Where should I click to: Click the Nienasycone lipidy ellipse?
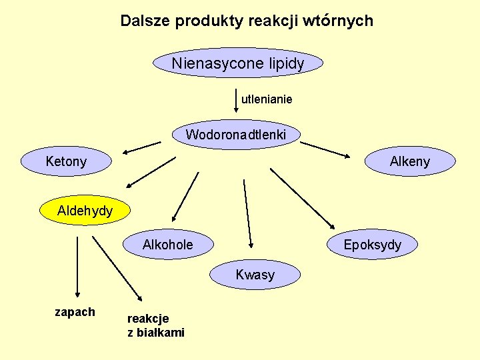coord(238,64)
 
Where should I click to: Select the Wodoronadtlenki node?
coord(236,135)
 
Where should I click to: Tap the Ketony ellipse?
coord(66,161)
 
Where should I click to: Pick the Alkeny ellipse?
coord(410,161)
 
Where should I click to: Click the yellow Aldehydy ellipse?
coord(85,211)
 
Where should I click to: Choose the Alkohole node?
coord(168,245)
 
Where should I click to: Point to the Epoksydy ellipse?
coord(372,245)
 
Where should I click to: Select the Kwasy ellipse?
coord(255,275)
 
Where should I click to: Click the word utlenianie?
coord(267,99)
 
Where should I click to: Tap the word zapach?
coord(75,312)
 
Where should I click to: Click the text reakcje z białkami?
coord(156,325)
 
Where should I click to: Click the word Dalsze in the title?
coord(145,21)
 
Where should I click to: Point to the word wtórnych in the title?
coord(343,21)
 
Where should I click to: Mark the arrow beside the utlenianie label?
coord(236,100)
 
